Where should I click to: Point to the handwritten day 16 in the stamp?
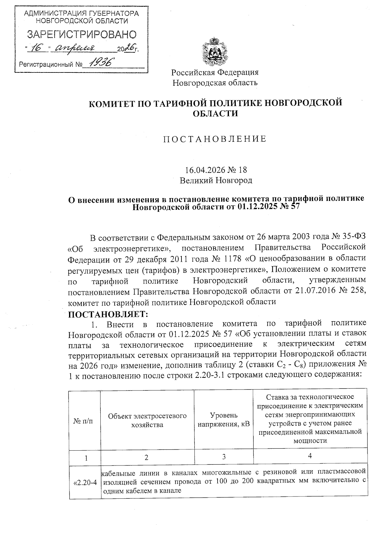pos(37,48)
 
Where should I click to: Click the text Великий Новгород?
pos(216,181)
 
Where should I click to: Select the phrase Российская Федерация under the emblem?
pos(215,72)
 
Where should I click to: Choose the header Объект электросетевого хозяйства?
pos(147,420)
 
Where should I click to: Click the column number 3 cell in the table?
pos(224,457)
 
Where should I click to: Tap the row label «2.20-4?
pos(85,483)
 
